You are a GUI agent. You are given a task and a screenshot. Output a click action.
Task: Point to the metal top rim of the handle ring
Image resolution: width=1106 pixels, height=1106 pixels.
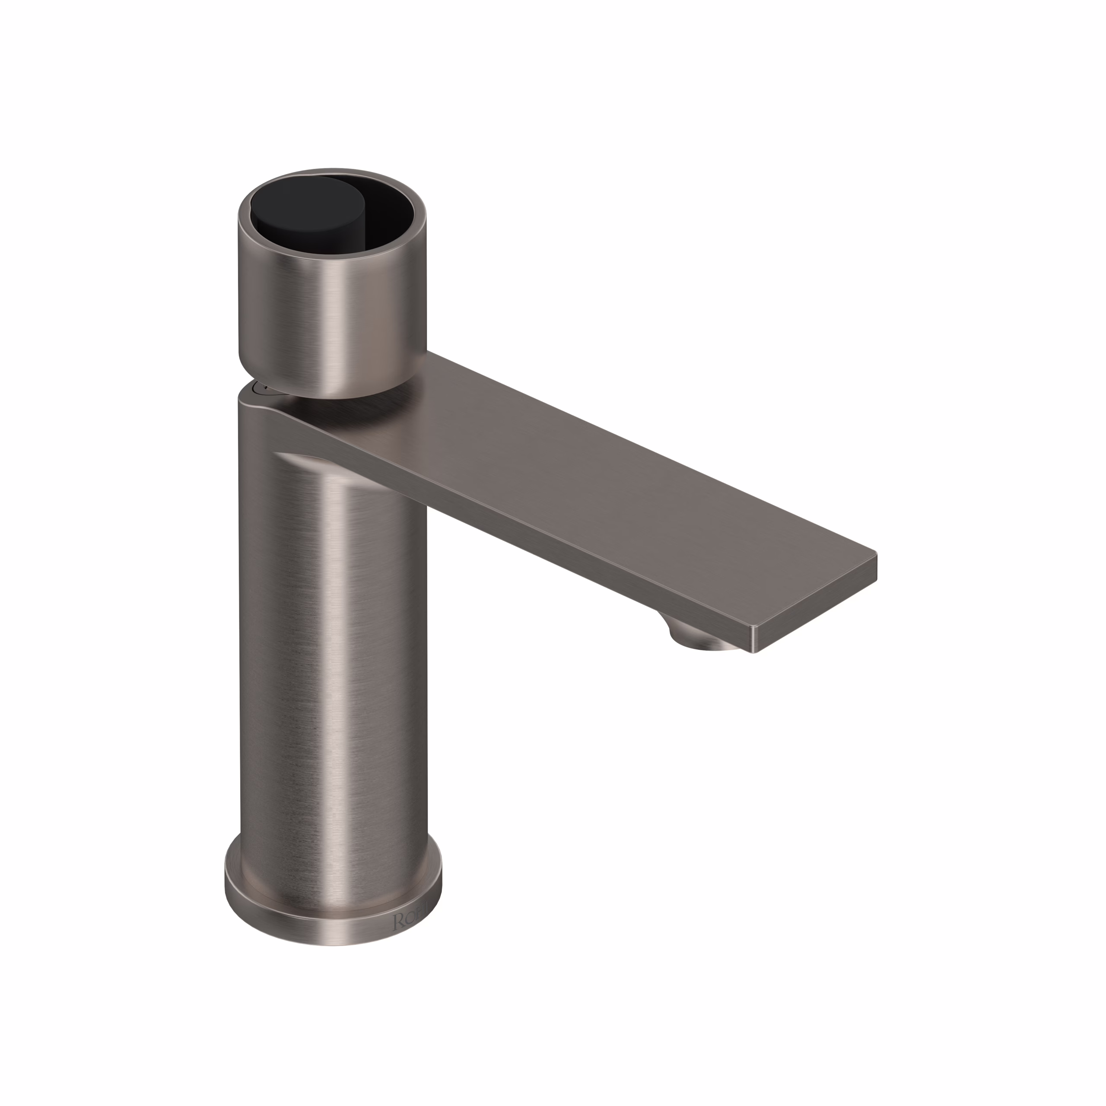click(x=332, y=173)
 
